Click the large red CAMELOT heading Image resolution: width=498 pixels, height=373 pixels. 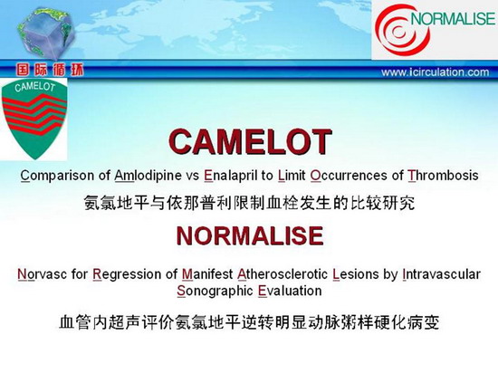point(250,141)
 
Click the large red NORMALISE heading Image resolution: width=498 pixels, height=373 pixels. point(250,235)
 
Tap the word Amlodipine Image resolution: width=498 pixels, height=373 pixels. point(148,176)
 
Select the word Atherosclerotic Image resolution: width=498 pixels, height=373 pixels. point(283,274)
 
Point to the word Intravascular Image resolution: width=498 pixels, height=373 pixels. point(441,274)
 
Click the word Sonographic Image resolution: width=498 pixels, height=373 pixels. point(215,292)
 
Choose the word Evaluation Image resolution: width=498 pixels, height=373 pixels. point(290,291)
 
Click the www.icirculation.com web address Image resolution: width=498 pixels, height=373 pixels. point(436,72)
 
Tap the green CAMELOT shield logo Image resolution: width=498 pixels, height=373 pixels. point(34,119)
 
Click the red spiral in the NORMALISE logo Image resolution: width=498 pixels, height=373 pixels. point(402,30)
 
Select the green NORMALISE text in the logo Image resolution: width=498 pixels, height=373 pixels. point(454,19)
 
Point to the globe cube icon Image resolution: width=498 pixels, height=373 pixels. point(47,33)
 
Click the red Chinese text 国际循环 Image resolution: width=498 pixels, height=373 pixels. point(50,70)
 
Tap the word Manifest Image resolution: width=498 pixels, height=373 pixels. point(207,274)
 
